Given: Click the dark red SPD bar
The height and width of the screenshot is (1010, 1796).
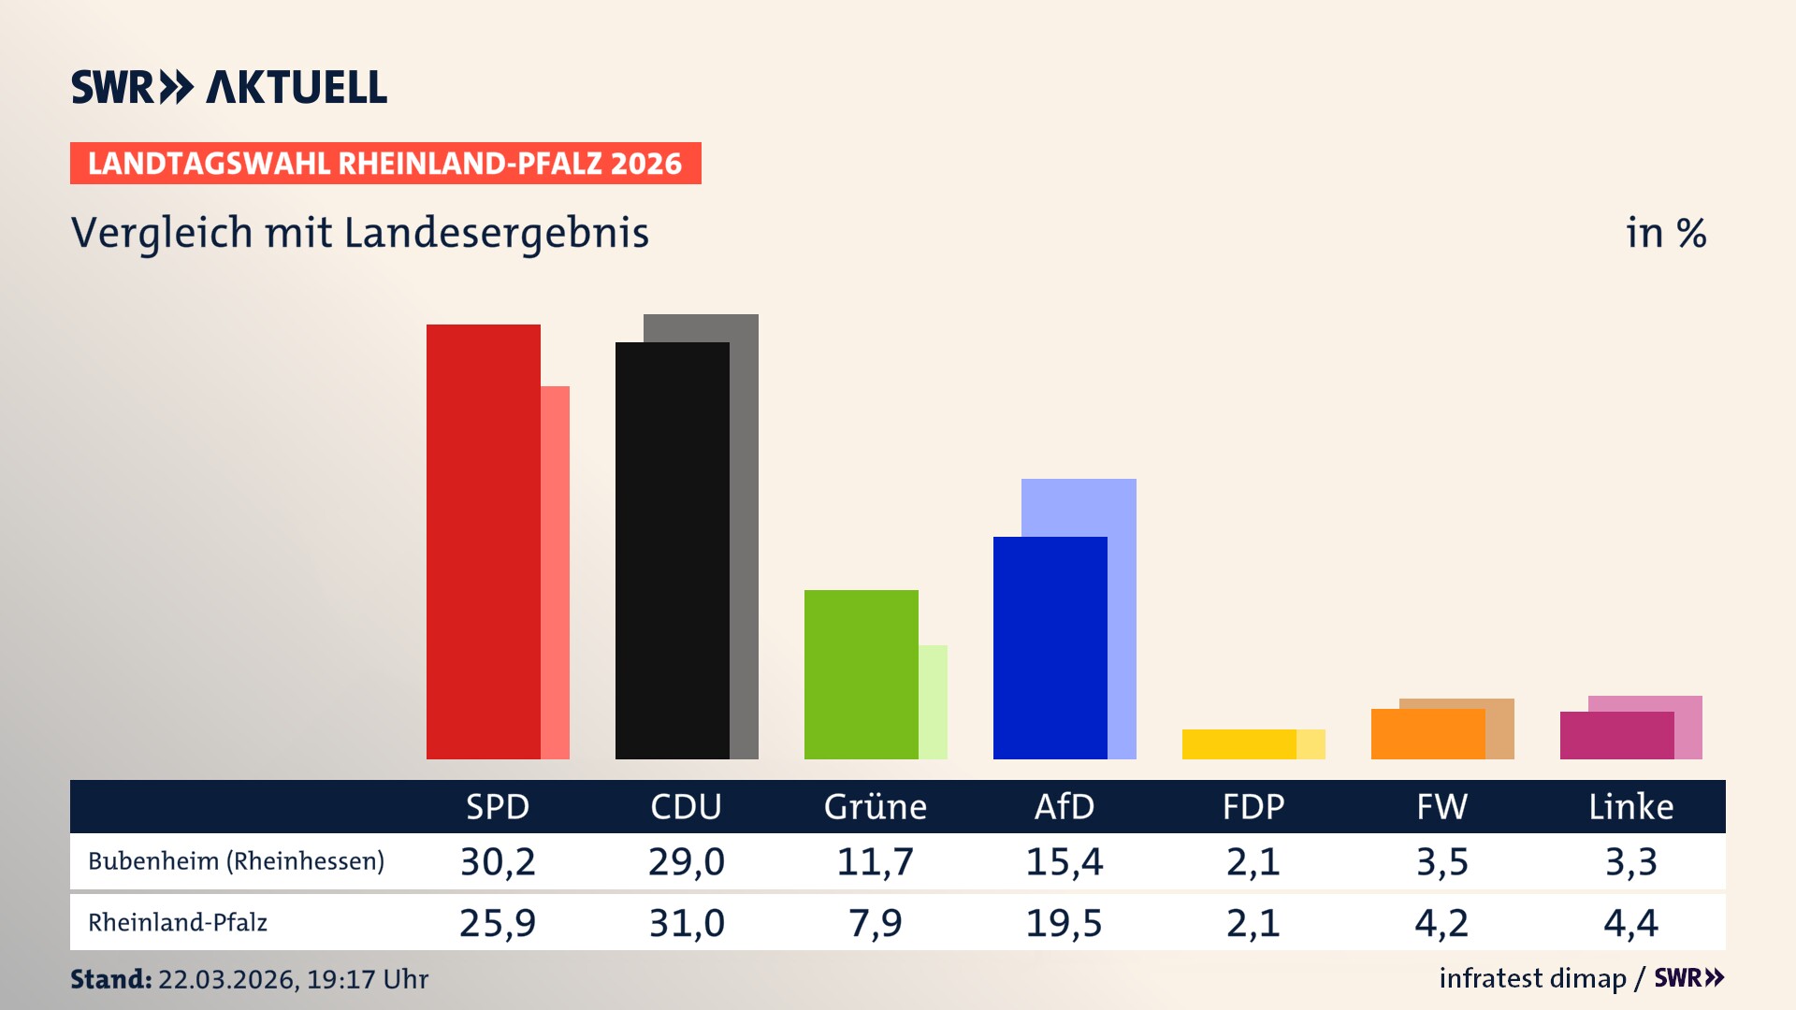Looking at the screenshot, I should (x=483, y=542).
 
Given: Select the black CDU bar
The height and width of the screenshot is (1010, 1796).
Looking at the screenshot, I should (x=672, y=552).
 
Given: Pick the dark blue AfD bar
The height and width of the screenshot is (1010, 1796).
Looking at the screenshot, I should (x=1050, y=648).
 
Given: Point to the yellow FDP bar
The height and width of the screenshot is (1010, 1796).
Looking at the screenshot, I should (x=1238, y=744).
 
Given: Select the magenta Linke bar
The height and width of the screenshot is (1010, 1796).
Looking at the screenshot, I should (x=1616, y=736).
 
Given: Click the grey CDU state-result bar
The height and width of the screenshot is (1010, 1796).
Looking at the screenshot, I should (x=745, y=542).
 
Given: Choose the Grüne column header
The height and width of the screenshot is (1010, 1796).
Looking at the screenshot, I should (x=875, y=807).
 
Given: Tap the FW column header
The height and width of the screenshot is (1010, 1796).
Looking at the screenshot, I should (x=1441, y=807).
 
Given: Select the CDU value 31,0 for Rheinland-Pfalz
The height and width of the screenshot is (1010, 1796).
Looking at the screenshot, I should (x=687, y=924).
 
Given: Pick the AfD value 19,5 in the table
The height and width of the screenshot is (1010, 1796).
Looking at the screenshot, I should (x=1064, y=924).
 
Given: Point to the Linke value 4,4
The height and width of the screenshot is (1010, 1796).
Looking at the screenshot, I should (x=1630, y=924).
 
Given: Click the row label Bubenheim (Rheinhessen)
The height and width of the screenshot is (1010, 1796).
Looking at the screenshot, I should (x=236, y=861).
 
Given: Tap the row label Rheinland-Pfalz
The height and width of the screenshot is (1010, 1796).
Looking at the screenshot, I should (x=178, y=923).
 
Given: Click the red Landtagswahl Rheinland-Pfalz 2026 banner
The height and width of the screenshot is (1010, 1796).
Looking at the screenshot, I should (x=385, y=164).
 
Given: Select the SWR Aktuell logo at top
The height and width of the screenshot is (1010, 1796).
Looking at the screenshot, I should (x=229, y=88).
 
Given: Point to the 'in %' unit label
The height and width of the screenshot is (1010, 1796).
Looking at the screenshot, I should (x=1665, y=234).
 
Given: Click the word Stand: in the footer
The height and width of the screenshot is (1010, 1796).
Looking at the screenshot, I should (x=110, y=979).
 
